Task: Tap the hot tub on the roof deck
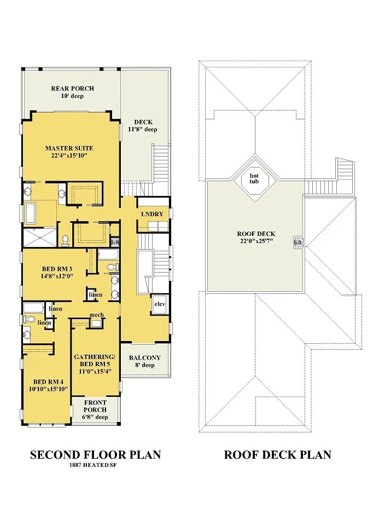click(254, 178)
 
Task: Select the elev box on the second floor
click(160, 304)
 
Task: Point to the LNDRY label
click(152, 214)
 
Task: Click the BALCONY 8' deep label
click(145, 361)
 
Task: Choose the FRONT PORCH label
click(95, 406)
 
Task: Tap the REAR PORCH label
click(73, 89)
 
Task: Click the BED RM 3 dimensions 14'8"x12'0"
click(57, 275)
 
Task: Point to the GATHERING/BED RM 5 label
click(95, 361)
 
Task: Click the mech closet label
click(97, 315)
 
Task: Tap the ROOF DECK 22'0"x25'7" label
click(257, 238)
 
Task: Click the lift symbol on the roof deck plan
click(298, 242)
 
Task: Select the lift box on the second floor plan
click(115, 242)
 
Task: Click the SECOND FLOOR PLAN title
click(95, 455)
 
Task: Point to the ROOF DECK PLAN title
click(278, 455)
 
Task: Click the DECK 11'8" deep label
click(143, 126)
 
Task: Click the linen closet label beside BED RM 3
click(95, 295)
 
